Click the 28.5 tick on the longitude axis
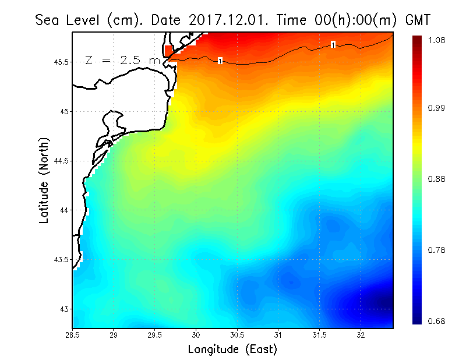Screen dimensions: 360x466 pyautogui.click(x=72, y=335)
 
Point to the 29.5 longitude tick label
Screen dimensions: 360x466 pyautogui.click(x=154, y=335)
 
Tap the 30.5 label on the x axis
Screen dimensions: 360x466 pyautogui.click(x=236, y=335)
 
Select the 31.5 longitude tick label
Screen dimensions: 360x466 pyautogui.click(x=319, y=335)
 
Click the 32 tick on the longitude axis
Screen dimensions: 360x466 pyautogui.click(x=361, y=335)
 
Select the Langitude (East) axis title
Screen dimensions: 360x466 pyautogui.click(x=232, y=350)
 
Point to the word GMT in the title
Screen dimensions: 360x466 pyautogui.click(x=417, y=20)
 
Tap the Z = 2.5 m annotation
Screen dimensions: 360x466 pyautogui.click(x=123, y=60)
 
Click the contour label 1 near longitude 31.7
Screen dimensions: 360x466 pyautogui.click(x=333, y=44)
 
